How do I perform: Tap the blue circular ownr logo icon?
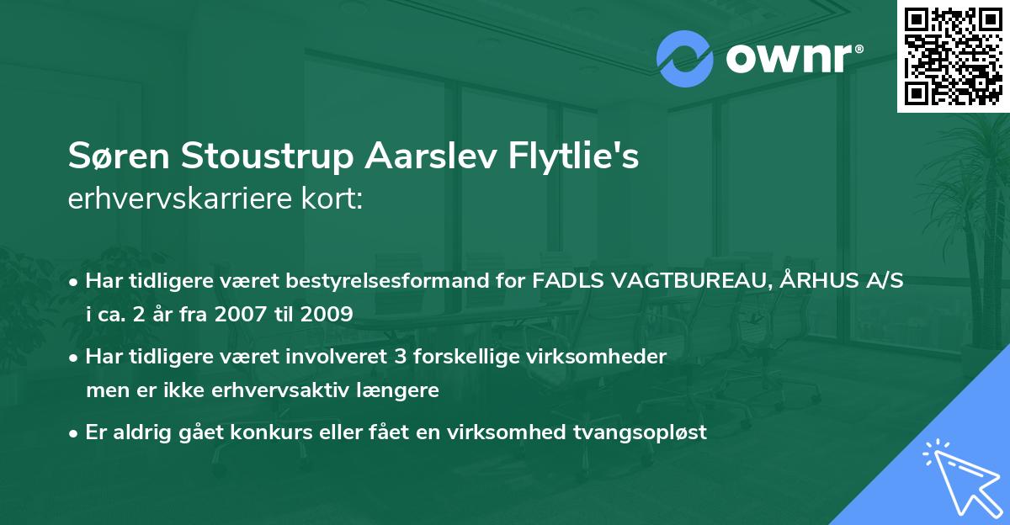coord(685,60)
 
